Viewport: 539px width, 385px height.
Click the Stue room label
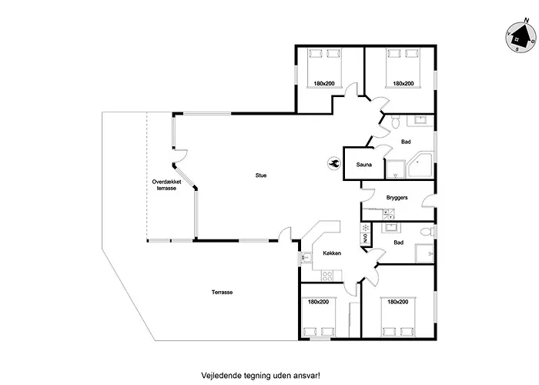coord(261,176)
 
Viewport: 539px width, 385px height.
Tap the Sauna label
coord(363,165)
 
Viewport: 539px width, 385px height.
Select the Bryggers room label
coord(397,198)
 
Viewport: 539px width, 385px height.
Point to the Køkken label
coord(332,253)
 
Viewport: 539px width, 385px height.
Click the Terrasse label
coord(222,292)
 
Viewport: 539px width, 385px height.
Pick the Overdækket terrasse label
coord(166,185)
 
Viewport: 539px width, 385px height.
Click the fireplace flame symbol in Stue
coord(333,163)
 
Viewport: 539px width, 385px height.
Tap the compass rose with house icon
coord(521,37)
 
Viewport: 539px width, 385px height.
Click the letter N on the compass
coord(526,21)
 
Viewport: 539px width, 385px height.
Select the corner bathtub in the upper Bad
coord(420,166)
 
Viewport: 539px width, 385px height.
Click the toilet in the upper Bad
coord(395,122)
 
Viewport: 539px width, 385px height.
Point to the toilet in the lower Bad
coord(427,232)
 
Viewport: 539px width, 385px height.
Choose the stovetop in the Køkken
coord(327,276)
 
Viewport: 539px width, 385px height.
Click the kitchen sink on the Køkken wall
coord(305,256)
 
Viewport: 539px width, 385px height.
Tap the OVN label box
coord(365,238)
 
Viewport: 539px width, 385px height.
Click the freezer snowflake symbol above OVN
coord(366,228)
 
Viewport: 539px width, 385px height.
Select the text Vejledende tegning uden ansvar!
coord(260,375)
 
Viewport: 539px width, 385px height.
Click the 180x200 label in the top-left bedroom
coord(324,83)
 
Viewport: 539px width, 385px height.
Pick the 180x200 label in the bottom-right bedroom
coord(398,302)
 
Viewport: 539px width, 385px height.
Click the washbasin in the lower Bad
coord(391,227)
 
